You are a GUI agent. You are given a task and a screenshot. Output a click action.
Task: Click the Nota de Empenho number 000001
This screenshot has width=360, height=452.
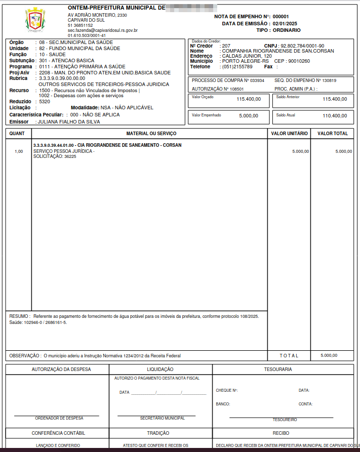[x=281, y=17]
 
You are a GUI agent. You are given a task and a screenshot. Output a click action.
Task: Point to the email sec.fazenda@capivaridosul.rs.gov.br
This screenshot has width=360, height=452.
[x=103, y=30]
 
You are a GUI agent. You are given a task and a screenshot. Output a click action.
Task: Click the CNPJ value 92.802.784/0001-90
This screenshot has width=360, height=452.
[x=302, y=46]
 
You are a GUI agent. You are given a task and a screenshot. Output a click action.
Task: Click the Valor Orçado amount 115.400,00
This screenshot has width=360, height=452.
[x=249, y=99]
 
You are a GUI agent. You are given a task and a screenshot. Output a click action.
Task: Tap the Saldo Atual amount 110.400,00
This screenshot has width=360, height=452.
[x=335, y=116]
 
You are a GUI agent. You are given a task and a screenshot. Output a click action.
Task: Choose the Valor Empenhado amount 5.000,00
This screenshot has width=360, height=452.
[x=250, y=116]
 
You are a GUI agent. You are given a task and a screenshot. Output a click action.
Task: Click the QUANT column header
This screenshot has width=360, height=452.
[x=17, y=134]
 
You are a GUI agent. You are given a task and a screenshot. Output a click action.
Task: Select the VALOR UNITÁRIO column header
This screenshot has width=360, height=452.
[x=289, y=134]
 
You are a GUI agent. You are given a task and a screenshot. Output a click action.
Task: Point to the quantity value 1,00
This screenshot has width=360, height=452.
[x=19, y=151]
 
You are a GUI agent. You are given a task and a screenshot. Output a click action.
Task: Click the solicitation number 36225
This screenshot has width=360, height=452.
[x=70, y=157]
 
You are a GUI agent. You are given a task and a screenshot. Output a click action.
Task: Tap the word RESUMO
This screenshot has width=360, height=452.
[x=19, y=316]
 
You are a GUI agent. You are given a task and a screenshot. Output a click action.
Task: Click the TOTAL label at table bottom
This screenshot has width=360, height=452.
[x=289, y=356]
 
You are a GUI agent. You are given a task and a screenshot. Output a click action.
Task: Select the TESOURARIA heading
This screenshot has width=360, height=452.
[x=277, y=369]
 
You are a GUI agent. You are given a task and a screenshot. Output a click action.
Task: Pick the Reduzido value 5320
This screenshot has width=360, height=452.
[x=45, y=102]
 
